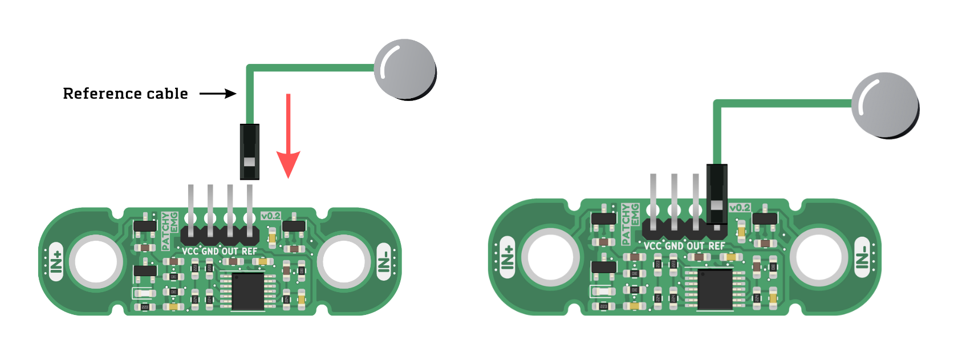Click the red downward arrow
[x=289, y=137]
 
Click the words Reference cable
[x=125, y=94]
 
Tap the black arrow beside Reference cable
[x=218, y=94]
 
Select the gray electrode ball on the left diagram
[x=405, y=69]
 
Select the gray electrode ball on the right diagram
[x=884, y=104]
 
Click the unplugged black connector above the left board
[x=250, y=152]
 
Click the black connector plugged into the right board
[x=717, y=195]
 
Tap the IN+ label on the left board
[x=56, y=261]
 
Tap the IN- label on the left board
[x=384, y=261]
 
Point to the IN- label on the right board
[x=862, y=257]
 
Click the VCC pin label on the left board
[x=190, y=251]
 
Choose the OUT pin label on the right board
[x=696, y=246]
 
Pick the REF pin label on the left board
[x=249, y=251]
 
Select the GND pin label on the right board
[x=674, y=246]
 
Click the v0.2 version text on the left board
[x=271, y=216]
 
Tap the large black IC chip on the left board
[x=248, y=292]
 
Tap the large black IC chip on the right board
[x=715, y=290]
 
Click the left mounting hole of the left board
[x=96, y=262]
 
